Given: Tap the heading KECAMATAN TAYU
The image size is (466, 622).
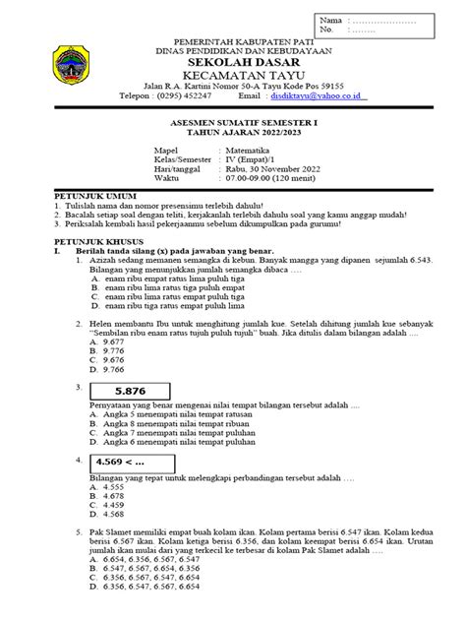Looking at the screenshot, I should (x=233, y=75).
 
